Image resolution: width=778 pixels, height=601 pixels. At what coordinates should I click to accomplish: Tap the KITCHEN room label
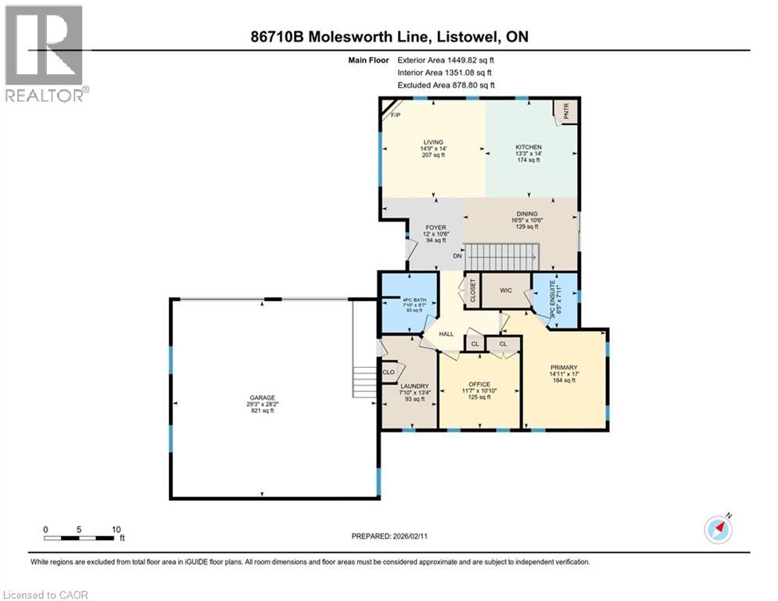(x=528, y=148)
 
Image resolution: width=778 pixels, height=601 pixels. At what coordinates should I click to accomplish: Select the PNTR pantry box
(x=565, y=113)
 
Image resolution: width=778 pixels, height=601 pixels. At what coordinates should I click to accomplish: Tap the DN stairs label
(x=458, y=257)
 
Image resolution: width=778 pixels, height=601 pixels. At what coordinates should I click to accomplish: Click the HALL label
(x=446, y=334)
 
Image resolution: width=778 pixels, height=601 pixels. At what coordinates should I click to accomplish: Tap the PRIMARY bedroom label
(x=563, y=368)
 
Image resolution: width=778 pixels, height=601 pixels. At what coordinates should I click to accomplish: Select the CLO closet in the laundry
(x=389, y=372)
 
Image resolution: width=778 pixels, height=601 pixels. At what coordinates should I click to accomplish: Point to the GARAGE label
(x=262, y=398)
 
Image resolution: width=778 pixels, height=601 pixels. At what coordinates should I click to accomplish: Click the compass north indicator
(x=718, y=528)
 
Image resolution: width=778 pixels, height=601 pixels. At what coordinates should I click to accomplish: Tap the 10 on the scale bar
(x=115, y=529)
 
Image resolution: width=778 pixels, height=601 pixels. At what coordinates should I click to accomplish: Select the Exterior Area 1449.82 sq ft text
(x=446, y=59)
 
